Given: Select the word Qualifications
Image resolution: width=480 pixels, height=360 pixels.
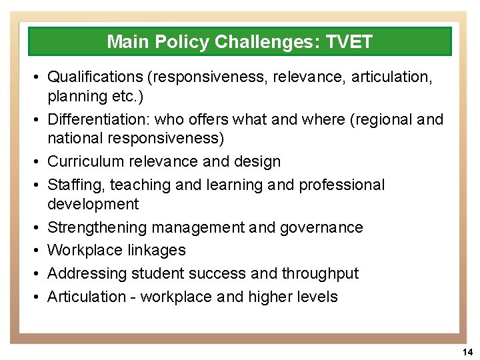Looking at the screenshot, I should click(96, 78).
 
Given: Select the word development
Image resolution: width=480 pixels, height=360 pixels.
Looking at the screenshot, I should click(93, 204).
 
